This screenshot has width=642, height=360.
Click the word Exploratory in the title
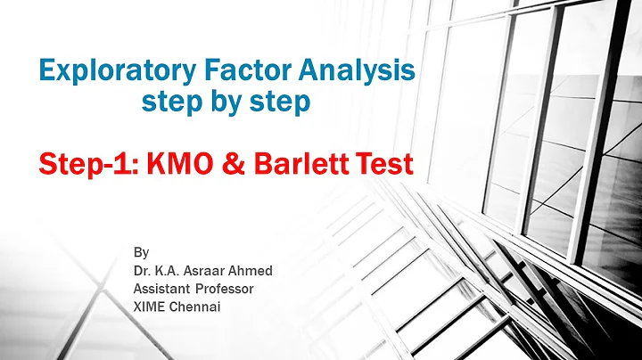(106, 70)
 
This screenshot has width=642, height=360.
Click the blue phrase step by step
(226, 102)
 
